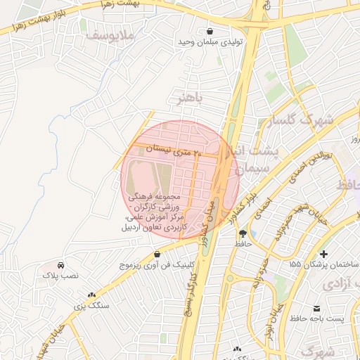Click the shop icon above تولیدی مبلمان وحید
pyautogui.click(x=211, y=31)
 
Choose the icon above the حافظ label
pyautogui.click(x=243, y=233)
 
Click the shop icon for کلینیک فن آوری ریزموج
pyautogui.click(x=156, y=254)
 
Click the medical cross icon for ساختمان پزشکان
pyautogui.click(x=323, y=253)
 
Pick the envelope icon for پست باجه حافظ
pyautogui.click(x=317, y=309)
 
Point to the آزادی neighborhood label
pyautogui.click(x=342, y=286)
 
